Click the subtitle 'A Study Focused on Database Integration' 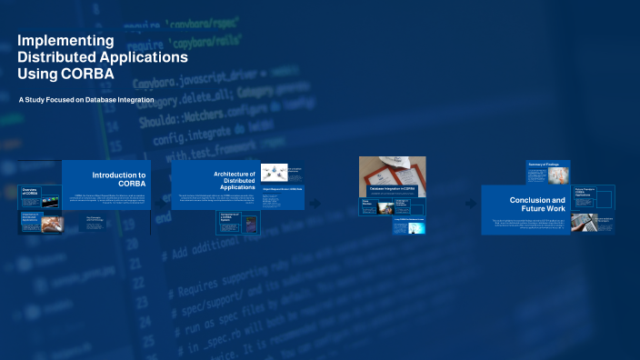click(x=86, y=99)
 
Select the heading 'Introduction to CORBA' click(x=119, y=178)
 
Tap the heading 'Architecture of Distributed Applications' click(x=234, y=180)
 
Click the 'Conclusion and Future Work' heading click(x=536, y=205)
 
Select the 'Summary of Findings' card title click(x=542, y=165)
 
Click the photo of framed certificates click(x=392, y=169)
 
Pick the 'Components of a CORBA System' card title click(x=230, y=217)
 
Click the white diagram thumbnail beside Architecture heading click(x=275, y=172)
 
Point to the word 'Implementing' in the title click(x=65, y=41)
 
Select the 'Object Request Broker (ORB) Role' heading click(x=282, y=189)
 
